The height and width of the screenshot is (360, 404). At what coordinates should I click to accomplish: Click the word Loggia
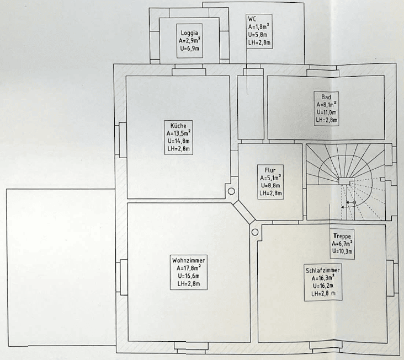tap(189, 33)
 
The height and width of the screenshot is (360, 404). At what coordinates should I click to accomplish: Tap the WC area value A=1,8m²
tap(259, 27)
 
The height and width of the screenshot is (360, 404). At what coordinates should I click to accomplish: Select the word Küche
tap(178, 126)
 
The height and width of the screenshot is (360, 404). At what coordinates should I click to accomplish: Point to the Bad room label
tap(326, 97)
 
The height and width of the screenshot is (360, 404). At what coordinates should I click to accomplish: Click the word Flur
tap(270, 170)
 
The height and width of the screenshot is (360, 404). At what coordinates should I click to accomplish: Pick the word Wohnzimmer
tap(189, 260)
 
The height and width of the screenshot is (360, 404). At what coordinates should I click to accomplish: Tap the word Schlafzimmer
tap(323, 271)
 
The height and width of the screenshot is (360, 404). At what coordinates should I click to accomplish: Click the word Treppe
tap(342, 236)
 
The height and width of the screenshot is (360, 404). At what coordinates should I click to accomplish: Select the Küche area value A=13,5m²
tap(179, 133)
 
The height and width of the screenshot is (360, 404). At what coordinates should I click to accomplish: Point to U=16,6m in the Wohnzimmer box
tap(189, 276)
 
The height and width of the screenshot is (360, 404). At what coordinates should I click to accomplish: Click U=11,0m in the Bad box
tap(326, 112)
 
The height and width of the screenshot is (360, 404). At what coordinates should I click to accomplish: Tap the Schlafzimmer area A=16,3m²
tap(323, 278)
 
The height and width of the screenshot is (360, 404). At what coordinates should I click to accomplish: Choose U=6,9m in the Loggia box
tap(190, 48)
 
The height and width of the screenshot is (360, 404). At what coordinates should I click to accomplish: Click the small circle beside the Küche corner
tap(231, 191)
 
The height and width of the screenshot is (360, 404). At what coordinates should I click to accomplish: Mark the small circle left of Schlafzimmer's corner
tap(255, 232)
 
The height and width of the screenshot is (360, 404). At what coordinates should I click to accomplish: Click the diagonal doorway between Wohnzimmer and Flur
tap(244, 213)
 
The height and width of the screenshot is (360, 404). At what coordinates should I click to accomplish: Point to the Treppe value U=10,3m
tap(342, 251)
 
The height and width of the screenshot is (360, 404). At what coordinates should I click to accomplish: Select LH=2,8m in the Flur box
tap(270, 193)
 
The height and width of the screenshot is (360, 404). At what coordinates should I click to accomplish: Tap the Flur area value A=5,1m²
tap(270, 178)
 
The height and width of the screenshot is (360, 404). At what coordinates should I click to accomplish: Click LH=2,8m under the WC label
tap(259, 42)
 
